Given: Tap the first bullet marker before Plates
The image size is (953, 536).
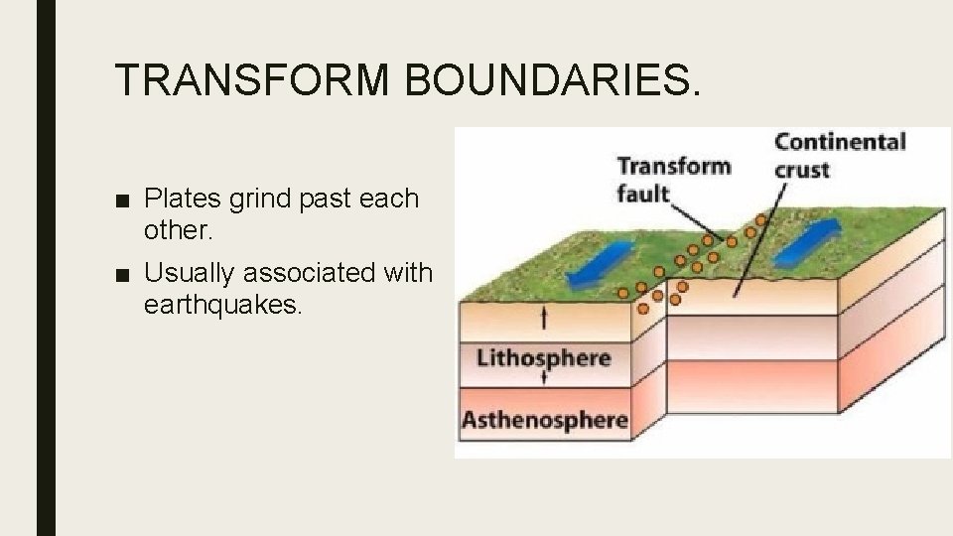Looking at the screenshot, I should pos(121,200).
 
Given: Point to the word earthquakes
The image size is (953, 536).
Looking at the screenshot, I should pos(220,304).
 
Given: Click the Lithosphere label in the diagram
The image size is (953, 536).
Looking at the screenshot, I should pos(543,357).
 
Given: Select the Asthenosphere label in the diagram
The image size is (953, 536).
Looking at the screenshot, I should pos(544,419).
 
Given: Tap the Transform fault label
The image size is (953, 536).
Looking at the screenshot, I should pos(672,179).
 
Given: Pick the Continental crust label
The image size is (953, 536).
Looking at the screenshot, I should pos(839,155).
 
